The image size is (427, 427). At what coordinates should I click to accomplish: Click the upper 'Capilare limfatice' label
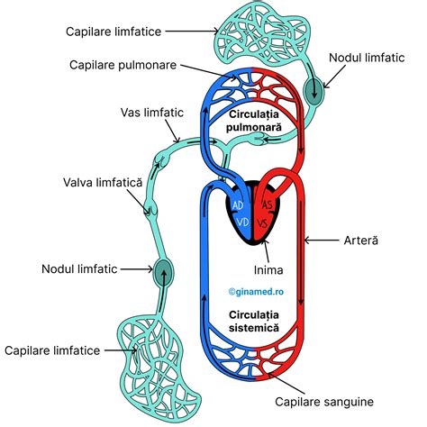pos(113,32)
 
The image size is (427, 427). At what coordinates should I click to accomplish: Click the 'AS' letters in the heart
pos(267,204)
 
